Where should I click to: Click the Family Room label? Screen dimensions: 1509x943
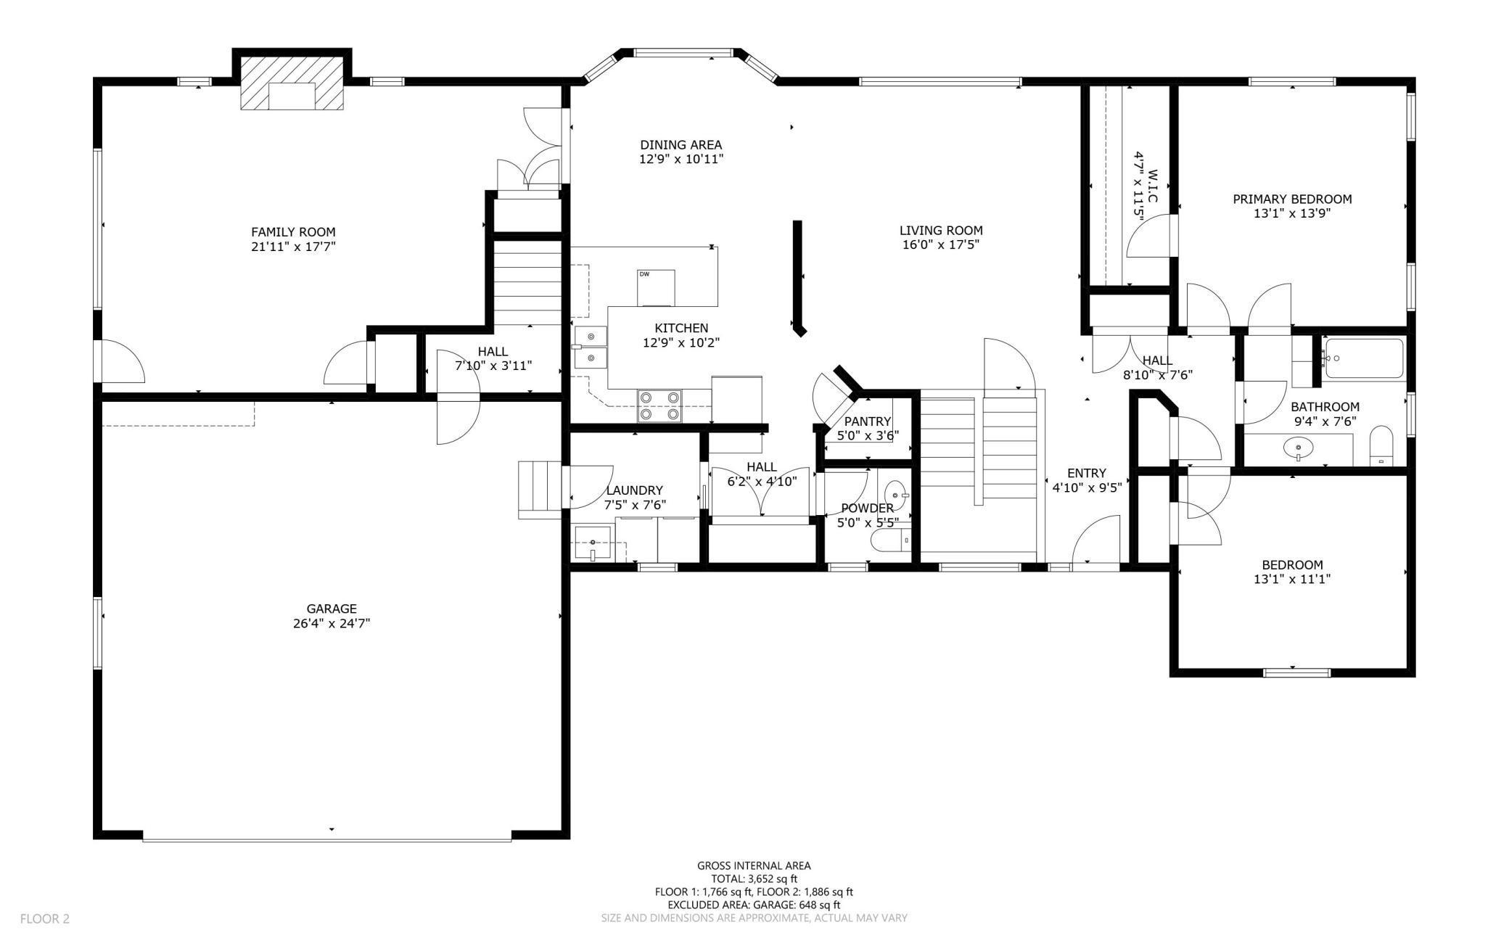pyautogui.click(x=293, y=232)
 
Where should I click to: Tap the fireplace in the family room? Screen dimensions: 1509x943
pyautogui.click(x=292, y=84)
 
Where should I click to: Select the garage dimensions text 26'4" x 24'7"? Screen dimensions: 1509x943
pyautogui.click(x=332, y=623)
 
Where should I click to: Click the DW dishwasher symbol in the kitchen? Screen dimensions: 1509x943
pyautogui.click(x=656, y=288)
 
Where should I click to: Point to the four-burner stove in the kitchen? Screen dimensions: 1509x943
pyautogui.click(x=659, y=406)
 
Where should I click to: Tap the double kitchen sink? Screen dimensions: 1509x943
pyautogui.click(x=591, y=347)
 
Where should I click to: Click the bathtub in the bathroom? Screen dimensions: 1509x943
pyautogui.click(x=1362, y=358)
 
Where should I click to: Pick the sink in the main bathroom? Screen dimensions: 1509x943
pyautogui.click(x=1297, y=449)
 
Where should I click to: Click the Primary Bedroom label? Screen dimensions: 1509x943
pyautogui.click(x=1292, y=199)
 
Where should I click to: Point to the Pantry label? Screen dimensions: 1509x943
pyautogui.click(x=868, y=421)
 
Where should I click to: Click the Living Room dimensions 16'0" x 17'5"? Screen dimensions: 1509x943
pyautogui.click(x=940, y=245)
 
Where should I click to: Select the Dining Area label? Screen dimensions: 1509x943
pyautogui.click(x=681, y=145)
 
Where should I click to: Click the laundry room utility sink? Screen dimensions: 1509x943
pyautogui.click(x=593, y=544)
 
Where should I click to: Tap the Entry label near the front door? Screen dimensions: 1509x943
pyautogui.click(x=1087, y=474)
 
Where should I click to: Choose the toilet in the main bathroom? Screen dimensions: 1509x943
pyautogui.click(x=1381, y=445)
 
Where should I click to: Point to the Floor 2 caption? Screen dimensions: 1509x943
pyautogui.click(x=45, y=919)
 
